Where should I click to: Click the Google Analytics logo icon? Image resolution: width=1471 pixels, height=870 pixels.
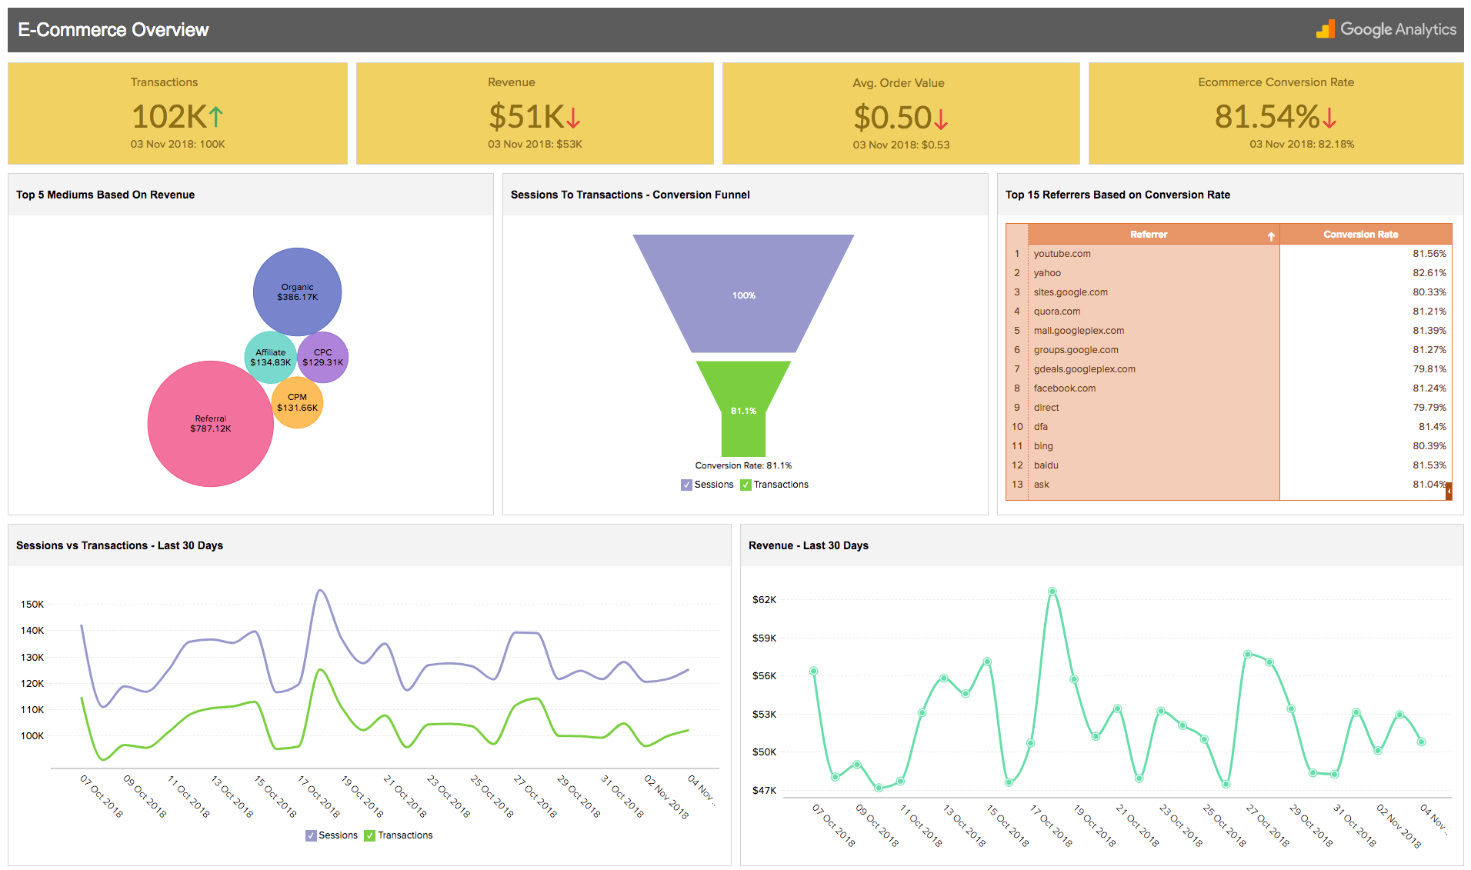[x=1325, y=29]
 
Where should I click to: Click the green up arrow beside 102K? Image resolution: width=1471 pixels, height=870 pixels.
[x=216, y=117]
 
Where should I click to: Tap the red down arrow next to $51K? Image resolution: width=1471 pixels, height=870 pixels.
[x=573, y=118]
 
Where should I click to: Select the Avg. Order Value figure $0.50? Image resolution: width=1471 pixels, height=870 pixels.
[x=892, y=118]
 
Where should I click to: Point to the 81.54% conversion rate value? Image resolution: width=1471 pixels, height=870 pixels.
[x=1267, y=117]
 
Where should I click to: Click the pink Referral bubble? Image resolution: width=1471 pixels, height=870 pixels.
[x=210, y=424]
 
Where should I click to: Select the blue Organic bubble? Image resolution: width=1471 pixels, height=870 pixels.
[x=297, y=292]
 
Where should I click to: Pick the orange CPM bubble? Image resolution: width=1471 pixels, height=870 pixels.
[x=297, y=402]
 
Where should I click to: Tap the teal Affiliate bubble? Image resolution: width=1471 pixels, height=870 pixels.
[x=270, y=358]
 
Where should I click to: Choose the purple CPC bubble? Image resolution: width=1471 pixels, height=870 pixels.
[x=322, y=357]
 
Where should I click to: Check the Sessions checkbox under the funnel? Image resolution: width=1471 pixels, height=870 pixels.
[x=686, y=485]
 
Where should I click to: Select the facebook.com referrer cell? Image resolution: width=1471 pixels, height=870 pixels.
[x=1064, y=388]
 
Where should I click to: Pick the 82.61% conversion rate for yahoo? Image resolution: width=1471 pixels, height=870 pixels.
[x=1429, y=273]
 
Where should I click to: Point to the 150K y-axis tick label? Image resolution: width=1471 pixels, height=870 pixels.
[x=32, y=605]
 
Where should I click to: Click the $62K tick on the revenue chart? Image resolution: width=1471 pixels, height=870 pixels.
[x=764, y=600]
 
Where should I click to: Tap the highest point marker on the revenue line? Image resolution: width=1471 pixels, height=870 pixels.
[x=1052, y=592]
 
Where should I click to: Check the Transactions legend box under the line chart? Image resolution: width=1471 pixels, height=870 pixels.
[x=370, y=835]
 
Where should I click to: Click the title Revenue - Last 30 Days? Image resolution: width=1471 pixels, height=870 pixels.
[x=808, y=545]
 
